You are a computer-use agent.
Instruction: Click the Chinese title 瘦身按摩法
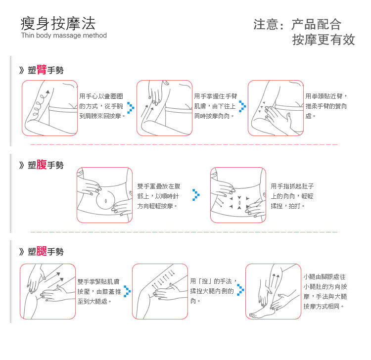click(58, 23)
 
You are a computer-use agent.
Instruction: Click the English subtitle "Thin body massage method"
click(64, 36)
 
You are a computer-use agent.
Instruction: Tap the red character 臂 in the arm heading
click(42, 70)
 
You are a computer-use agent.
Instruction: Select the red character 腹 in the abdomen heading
click(42, 165)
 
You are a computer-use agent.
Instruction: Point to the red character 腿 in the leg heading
click(42, 251)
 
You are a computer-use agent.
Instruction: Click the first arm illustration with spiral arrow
click(49, 108)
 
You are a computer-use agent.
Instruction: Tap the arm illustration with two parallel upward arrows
click(164, 108)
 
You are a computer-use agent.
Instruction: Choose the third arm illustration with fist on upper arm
click(276, 108)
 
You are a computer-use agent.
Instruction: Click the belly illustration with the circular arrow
click(104, 195)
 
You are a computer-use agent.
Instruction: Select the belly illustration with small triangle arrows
click(238, 195)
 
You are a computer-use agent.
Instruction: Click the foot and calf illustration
click(273, 291)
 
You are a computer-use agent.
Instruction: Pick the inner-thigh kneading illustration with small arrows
click(160, 291)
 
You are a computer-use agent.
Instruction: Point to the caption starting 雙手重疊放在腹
click(158, 195)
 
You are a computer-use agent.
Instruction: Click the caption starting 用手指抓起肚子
click(292, 195)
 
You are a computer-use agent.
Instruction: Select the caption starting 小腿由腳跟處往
click(325, 291)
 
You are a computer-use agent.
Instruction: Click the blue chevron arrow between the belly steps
click(196, 195)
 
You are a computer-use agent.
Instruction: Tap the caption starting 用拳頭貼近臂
click(326, 105)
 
